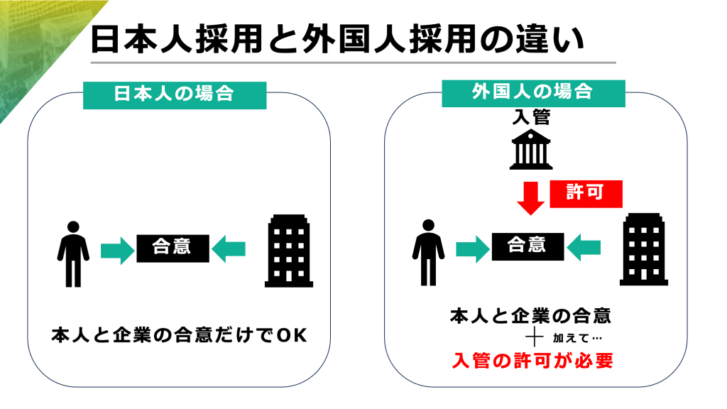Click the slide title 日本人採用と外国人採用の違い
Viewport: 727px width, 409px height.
[338, 40]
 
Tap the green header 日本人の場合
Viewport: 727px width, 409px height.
[175, 94]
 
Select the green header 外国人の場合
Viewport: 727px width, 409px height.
[532, 93]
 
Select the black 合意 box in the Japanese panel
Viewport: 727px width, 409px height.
[173, 249]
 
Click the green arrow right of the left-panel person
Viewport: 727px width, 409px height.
[116, 249]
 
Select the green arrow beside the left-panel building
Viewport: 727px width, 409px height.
[229, 249]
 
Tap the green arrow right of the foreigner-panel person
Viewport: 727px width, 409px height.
[471, 248]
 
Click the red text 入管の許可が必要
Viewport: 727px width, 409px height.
[532, 361]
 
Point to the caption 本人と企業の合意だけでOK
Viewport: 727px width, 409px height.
[179, 335]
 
